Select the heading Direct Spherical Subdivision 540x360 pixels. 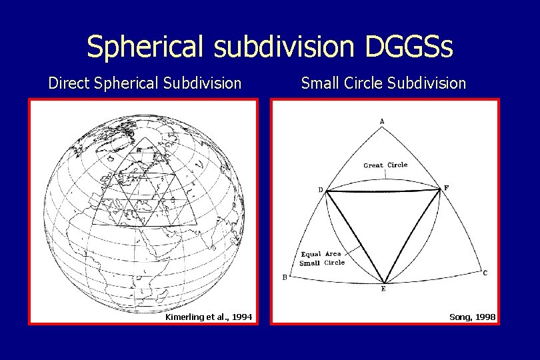pyautogui.click(x=145, y=83)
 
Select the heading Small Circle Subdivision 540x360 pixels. pyautogui.click(x=383, y=83)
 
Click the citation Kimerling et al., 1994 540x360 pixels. pyautogui.click(x=208, y=317)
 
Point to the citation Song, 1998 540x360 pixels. pyautogui.click(x=473, y=317)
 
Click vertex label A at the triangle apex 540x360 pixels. pyautogui.click(x=382, y=121)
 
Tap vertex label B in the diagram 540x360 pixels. pyautogui.click(x=285, y=278)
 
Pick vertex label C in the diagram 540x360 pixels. pyautogui.click(x=485, y=273)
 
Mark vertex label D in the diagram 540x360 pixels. pyautogui.click(x=321, y=190)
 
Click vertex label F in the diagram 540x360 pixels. pyautogui.click(x=446, y=189)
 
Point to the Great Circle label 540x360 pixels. pyautogui.click(x=385, y=165)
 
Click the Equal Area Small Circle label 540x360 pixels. pyautogui.click(x=321, y=258)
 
